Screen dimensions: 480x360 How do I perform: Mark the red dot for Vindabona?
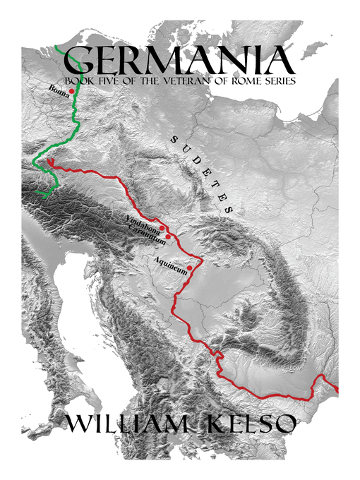pos(162,228)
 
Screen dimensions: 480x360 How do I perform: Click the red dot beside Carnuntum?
pos(168,236)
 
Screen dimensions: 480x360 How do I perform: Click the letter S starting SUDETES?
pos(172,140)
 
